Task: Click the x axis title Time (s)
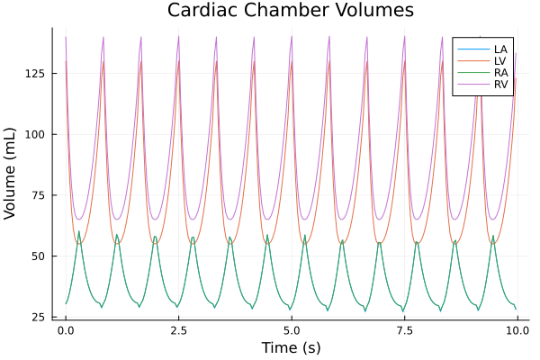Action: (291, 347)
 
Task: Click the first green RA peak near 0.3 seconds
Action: (79, 232)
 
